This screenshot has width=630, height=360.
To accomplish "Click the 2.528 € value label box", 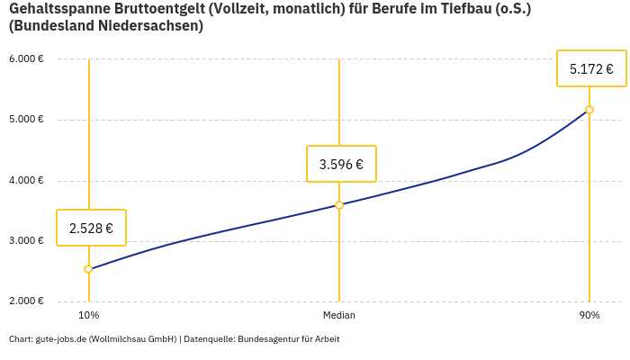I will [91, 228].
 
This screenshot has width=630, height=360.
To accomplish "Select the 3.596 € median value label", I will [341, 164].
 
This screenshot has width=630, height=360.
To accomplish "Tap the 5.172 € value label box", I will [591, 68].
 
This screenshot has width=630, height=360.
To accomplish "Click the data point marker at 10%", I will [88, 269].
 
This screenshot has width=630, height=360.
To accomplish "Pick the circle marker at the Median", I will [339, 205].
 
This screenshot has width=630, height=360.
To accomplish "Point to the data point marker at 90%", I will [589, 110].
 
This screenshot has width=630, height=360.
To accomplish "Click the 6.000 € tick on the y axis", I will [26, 59].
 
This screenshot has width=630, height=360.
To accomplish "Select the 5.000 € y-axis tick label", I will [26, 120].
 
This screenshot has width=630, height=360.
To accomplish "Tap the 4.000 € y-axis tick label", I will [26, 180].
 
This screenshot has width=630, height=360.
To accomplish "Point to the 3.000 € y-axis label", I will [26, 240].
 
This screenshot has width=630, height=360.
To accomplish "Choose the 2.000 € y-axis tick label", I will [26, 301].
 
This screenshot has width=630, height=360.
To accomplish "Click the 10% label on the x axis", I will [88, 315].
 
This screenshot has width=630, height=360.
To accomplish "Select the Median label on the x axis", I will [339, 315].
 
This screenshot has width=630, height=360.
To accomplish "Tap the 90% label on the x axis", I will [589, 315].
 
